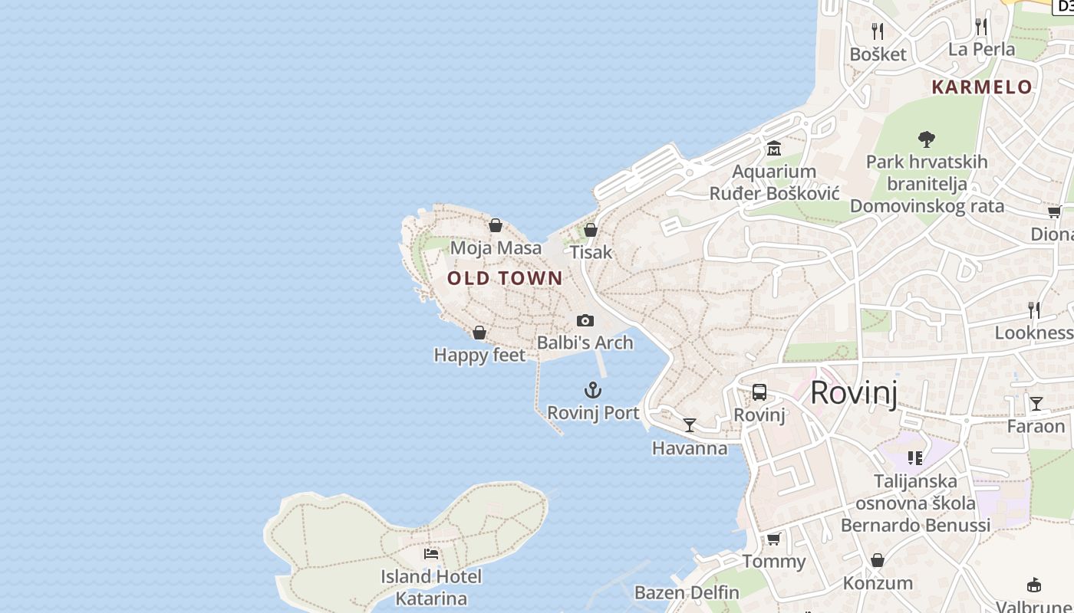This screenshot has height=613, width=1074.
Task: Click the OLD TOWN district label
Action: coord(505,278)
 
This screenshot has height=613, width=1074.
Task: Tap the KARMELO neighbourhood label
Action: coord(982,87)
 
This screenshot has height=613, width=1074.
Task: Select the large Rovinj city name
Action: coord(853,392)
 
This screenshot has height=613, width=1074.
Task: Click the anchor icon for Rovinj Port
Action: coord(592,391)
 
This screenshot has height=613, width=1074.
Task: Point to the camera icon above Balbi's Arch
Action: coord(585,320)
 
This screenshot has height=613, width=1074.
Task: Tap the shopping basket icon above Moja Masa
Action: coord(496,225)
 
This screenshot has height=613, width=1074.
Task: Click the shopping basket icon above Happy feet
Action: coord(479,333)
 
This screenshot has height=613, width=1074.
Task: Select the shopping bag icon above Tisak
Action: coord(591,229)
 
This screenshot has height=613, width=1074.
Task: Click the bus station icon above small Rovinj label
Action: coord(759,392)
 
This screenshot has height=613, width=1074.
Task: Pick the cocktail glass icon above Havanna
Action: coord(690,425)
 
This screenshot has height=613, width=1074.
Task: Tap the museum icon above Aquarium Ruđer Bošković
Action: coord(773,148)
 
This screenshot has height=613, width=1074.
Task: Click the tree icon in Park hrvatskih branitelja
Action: coord(927,139)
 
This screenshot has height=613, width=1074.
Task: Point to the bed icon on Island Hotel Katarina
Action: coord(431,553)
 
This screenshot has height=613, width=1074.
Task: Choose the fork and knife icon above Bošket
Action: coord(878,31)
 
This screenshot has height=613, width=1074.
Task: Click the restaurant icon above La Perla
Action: coord(981,26)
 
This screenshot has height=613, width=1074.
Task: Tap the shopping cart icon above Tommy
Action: coord(773,539)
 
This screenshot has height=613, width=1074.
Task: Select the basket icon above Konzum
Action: coord(878,560)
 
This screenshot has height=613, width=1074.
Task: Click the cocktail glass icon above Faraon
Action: coord(1036,403)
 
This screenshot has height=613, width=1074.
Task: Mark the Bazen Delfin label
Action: coord(687,592)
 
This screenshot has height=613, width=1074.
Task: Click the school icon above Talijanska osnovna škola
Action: coord(914,458)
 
